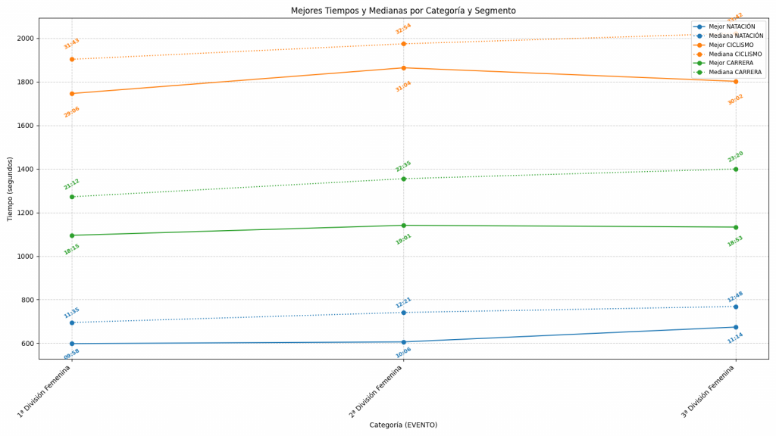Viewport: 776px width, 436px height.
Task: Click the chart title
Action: [403, 11]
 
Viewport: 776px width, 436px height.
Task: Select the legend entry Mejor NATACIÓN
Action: [731, 26]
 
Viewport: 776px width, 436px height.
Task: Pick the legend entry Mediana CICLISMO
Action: [735, 54]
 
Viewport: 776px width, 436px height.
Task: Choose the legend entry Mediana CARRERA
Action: [735, 73]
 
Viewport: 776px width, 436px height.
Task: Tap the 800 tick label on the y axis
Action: [27, 301]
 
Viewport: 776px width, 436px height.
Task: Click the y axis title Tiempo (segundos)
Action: [11, 188]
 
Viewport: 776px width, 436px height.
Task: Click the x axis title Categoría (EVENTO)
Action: [403, 425]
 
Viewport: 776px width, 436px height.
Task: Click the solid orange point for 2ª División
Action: [403, 68]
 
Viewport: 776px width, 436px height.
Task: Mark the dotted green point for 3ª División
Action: [735, 169]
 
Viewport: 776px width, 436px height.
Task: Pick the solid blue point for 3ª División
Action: [735, 327]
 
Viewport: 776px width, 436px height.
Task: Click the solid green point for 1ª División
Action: [72, 235]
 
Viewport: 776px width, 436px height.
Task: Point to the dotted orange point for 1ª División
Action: [72, 59]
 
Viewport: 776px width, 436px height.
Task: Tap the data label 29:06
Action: [72, 112]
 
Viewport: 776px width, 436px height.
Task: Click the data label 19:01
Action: [403, 239]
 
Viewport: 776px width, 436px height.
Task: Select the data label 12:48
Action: [735, 297]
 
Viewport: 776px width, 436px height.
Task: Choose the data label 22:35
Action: [403, 166]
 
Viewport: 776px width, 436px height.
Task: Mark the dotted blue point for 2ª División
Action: [403, 313]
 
